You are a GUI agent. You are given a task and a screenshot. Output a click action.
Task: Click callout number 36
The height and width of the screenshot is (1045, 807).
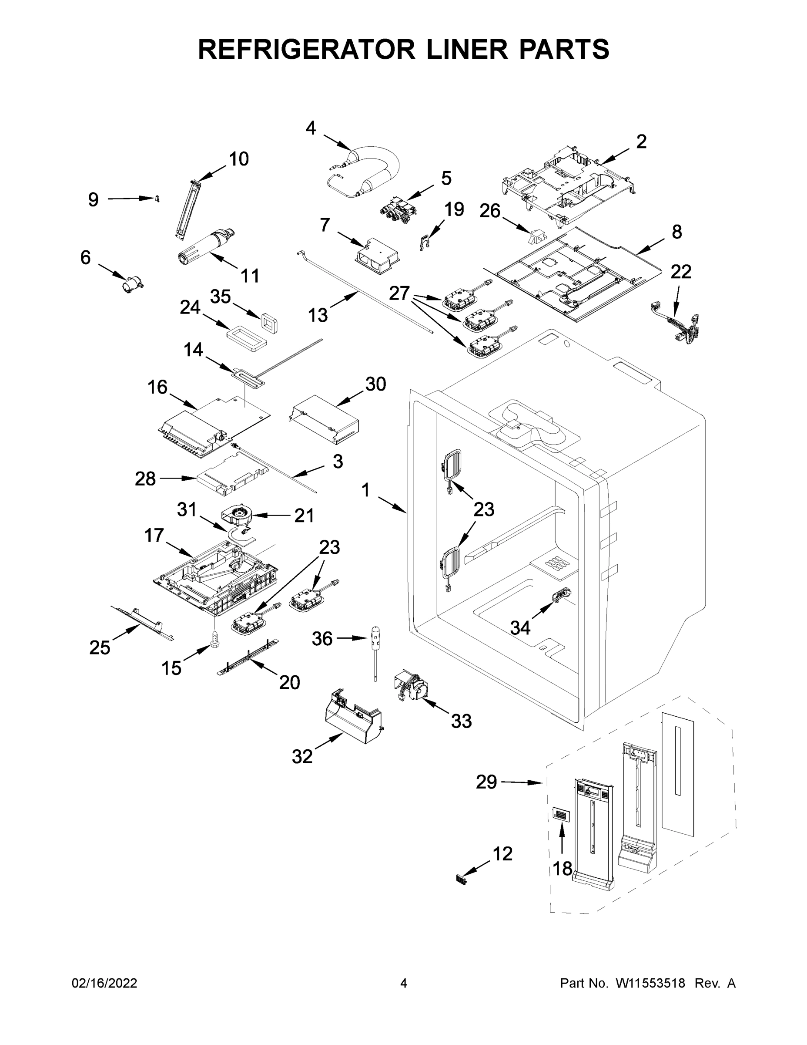tap(322, 638)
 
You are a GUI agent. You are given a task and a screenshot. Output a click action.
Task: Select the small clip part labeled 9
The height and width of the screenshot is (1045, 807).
tap(157, 199)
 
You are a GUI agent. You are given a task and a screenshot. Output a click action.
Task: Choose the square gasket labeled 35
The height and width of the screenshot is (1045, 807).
tap(269, 321)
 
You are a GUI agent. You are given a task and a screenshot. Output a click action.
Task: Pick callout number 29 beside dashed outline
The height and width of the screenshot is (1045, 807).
tap(486, 782)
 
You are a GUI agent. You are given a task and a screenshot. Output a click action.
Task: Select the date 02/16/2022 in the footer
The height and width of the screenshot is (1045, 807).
tap(104, 983)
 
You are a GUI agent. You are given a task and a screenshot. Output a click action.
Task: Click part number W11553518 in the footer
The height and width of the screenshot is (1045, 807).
tap(650, 983)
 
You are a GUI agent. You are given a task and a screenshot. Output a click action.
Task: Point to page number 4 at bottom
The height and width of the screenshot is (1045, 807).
tap(404, 983)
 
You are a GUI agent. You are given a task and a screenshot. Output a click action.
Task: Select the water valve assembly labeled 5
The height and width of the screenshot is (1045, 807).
tap(398, 209)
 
